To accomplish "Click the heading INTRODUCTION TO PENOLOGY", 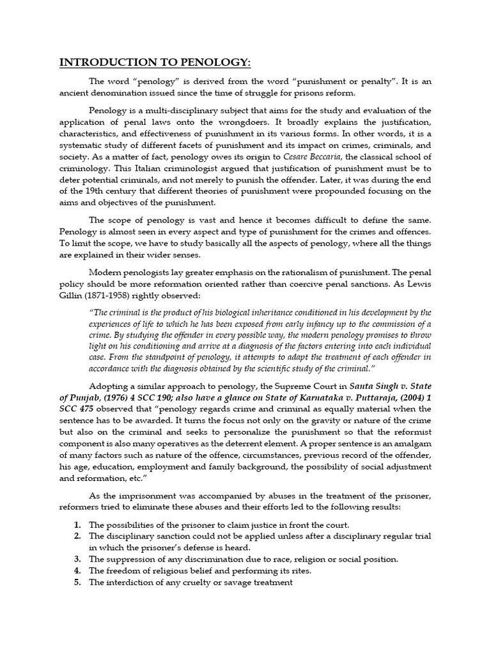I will click(155, 62).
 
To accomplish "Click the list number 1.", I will click(77, 525).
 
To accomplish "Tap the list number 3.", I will click(77, 559).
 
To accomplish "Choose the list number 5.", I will click(77, 582).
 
